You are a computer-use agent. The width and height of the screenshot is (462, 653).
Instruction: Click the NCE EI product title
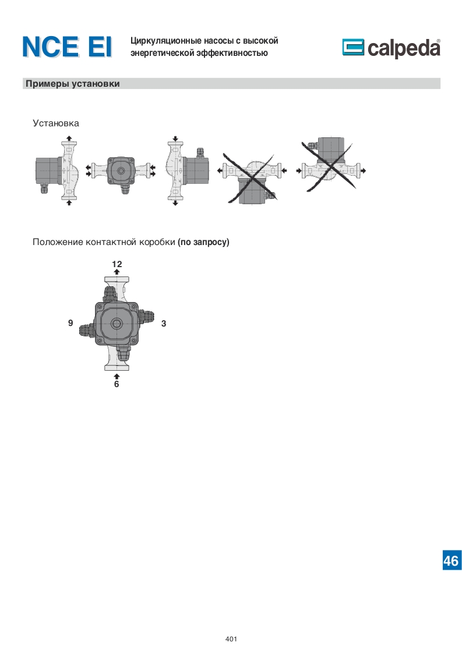pos(67,47)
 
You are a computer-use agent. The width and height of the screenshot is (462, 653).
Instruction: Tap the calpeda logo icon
pos(353,47)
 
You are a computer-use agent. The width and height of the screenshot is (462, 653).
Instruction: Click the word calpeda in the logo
pos(404,48)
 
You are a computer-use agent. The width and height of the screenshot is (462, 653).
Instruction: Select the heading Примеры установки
pos(73,84)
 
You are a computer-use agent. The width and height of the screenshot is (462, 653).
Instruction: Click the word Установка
pos(56,123)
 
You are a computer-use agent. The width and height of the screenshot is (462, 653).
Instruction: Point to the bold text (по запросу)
pos(203,242)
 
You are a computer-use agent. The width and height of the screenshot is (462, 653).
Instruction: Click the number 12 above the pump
pos(117,264)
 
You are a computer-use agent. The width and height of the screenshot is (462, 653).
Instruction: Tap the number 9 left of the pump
pos(70,323)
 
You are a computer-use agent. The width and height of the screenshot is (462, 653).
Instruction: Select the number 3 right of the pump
pos(164,324)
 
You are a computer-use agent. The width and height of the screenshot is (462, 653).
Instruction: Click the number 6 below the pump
pos(117,384)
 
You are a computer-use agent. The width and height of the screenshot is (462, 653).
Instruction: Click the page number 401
pos(231,639)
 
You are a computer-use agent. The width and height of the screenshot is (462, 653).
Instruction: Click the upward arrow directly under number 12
pos(117,272)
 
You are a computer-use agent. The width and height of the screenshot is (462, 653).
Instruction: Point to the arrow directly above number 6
pos(117,377)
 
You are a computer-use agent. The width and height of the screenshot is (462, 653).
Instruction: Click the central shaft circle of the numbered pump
pos(117,323)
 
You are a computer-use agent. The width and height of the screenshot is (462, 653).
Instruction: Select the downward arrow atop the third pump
pos(175,139)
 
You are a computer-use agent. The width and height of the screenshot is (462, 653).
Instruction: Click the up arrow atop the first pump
pos(69,139)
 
